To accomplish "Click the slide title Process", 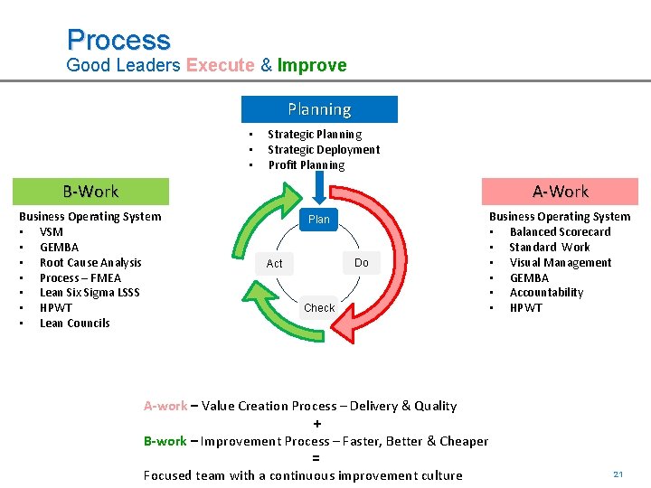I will [118, 40].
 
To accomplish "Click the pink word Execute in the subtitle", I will [220, 65].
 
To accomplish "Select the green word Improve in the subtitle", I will [312, 65].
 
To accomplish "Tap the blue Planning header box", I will [319, 109].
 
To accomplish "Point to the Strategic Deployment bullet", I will [324, 150].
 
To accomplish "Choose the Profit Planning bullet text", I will [306, 165].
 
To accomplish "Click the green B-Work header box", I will [90, 192].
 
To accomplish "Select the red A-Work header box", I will [560, 192].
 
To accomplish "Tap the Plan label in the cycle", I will [319, 220].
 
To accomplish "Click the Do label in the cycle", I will [362, 263].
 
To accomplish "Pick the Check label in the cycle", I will [319, 308].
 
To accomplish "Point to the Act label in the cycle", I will [275, 264].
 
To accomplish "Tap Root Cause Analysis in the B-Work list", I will [90, 263].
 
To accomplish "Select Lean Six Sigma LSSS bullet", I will [90, 293].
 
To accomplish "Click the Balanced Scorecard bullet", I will [560, 232].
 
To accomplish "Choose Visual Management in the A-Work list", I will [561, 263].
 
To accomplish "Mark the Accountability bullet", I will [546, 293].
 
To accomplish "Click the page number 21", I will [618, 474].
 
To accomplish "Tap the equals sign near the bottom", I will [316, 458].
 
